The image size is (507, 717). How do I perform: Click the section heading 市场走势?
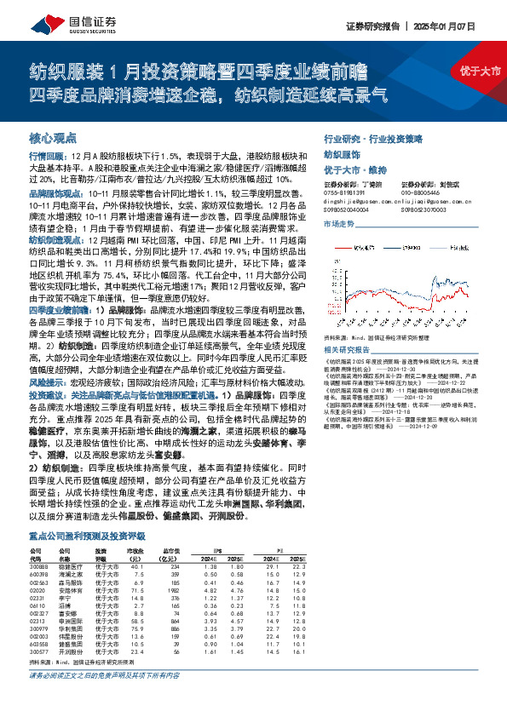[x=340, y=223]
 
